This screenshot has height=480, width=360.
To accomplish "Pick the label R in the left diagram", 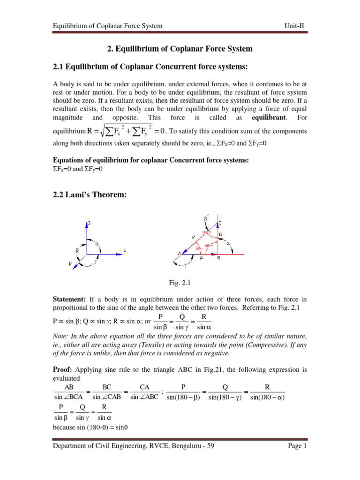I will click(x=70, y=264).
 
